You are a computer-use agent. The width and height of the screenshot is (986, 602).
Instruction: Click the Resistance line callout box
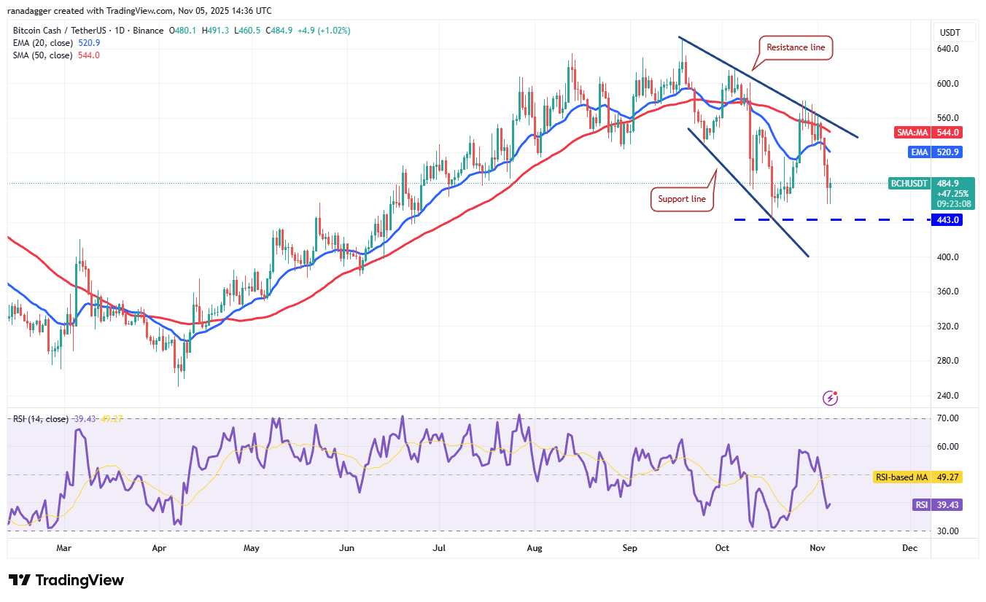pos(796,47)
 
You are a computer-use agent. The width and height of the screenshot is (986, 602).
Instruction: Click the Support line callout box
pos(682,199)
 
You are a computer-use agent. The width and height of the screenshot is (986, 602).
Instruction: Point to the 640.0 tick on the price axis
pos(948,49)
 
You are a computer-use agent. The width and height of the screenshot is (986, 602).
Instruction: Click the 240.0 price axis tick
pos(948,396)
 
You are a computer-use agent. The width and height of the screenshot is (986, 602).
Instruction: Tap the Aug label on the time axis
pos(535,547)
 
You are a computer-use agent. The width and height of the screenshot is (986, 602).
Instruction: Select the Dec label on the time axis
pos(909,547)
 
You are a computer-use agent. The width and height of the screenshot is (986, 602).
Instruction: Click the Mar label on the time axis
pos(63,547)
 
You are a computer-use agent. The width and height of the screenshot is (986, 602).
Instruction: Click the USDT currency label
pos(950,33)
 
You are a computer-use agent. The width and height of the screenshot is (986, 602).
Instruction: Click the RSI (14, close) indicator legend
pos(41,419)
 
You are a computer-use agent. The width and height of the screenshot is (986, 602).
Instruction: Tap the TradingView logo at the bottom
pos(66,580)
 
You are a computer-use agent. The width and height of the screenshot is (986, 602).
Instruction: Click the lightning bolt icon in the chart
pos(830,398)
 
